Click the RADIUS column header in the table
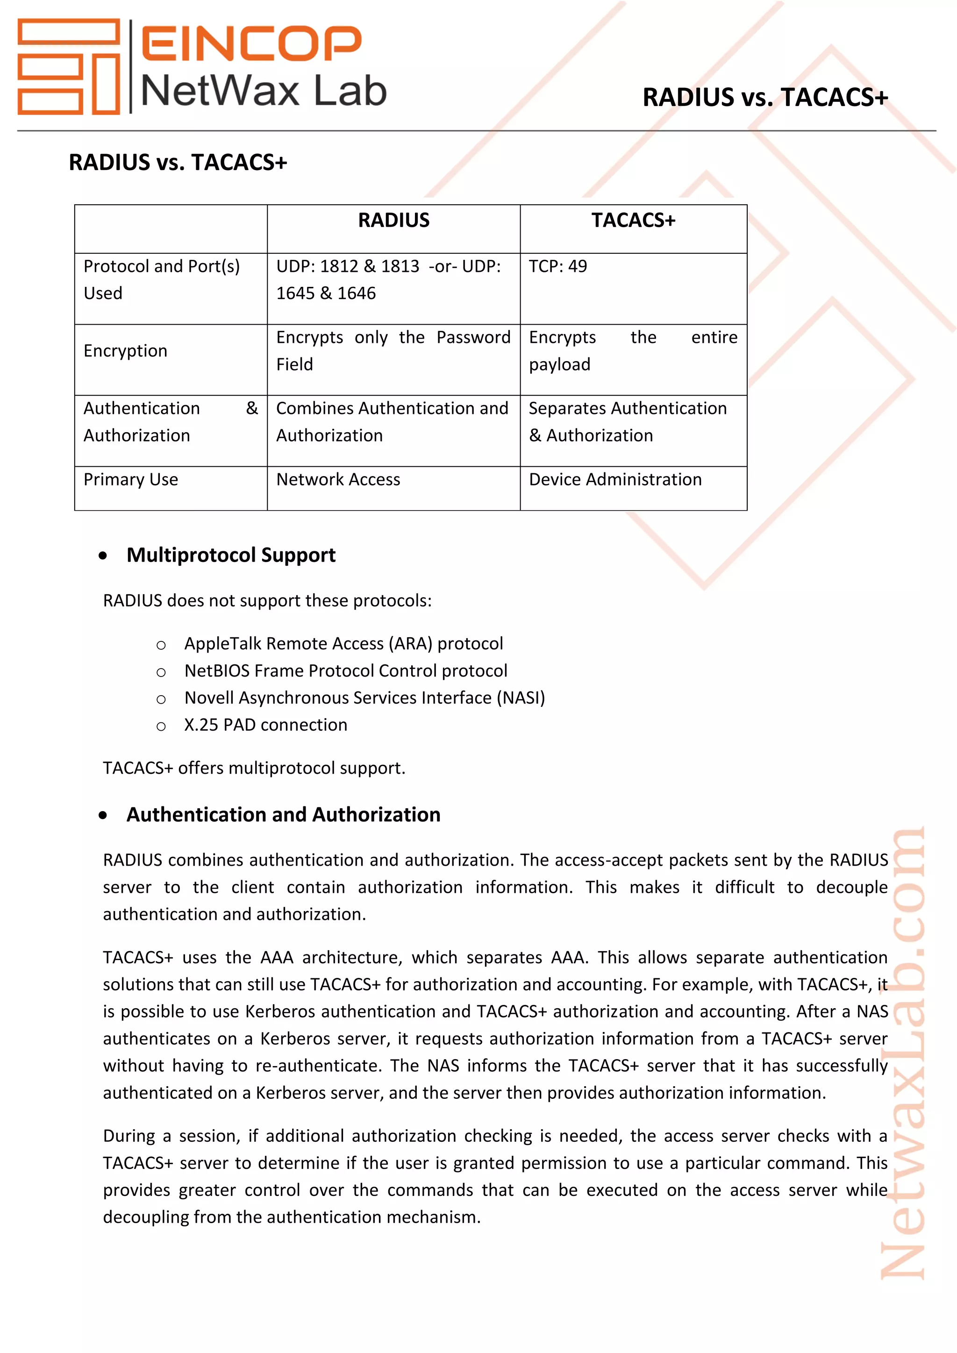393,221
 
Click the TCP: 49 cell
557,266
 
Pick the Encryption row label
126,351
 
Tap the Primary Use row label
131,480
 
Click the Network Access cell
338,480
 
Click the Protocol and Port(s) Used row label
162,279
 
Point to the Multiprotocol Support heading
231,555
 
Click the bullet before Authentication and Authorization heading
103,816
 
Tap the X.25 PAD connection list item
266,725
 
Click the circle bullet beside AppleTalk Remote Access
161,645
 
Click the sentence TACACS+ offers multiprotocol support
254,769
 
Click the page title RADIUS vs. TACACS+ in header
764,98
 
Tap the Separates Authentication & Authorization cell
627,422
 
